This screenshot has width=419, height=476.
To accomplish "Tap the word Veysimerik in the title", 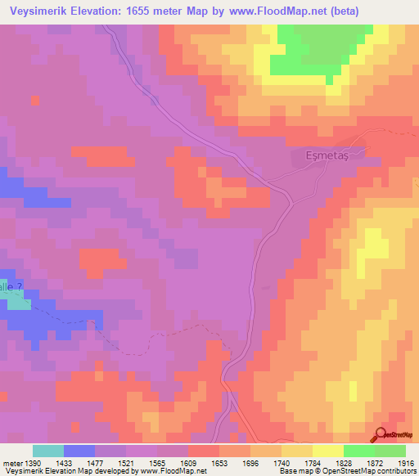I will point(38,11).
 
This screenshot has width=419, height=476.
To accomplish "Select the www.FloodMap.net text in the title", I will point(275,11).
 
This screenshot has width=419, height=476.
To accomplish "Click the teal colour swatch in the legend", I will point(48,451).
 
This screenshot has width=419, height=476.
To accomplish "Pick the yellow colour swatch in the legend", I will point(328,451).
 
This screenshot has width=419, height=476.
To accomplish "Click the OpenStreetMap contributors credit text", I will point(372,472).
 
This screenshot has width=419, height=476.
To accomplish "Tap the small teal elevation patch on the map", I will point(18,303).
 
